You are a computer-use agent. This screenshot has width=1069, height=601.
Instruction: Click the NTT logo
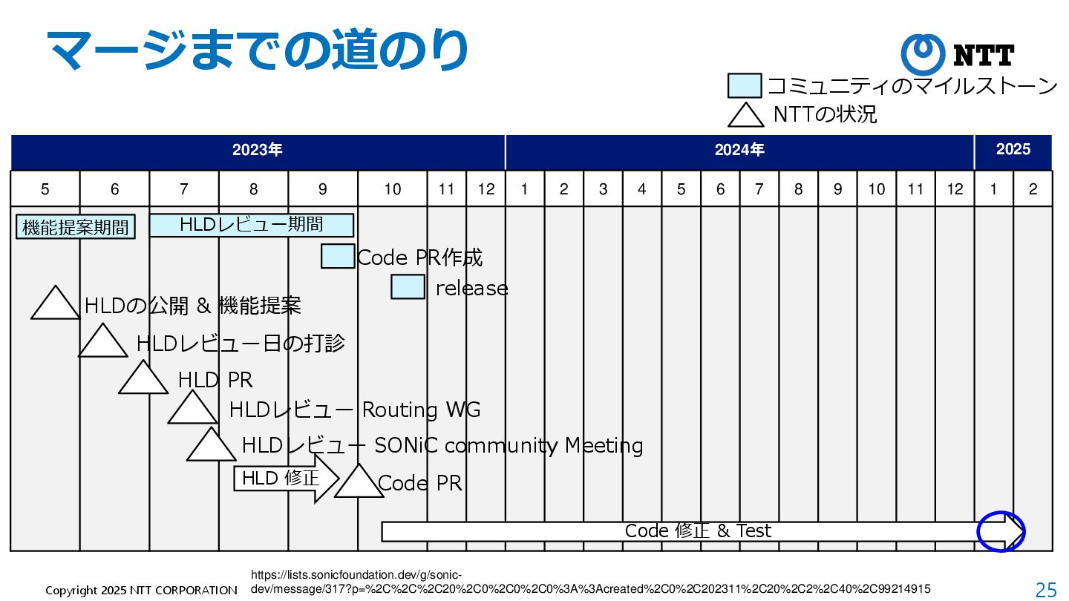958,55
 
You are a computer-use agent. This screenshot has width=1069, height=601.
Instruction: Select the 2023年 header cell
258,151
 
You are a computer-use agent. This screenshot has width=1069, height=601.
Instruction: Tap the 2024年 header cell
739,151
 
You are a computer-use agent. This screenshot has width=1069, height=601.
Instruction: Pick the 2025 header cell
1013,151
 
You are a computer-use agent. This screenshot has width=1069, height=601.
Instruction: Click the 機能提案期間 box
75,228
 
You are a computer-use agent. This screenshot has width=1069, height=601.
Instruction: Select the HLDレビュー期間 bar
251,224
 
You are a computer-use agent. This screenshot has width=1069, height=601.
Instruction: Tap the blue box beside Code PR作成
338,256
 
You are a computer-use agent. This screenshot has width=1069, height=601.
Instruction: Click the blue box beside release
408,286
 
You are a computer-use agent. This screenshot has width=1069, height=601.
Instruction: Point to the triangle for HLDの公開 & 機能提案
55,305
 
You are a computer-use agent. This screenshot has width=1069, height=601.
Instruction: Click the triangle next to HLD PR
143,380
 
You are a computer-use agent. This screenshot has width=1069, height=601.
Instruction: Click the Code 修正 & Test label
698,531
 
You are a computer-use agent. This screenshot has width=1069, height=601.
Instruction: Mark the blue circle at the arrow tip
1001,531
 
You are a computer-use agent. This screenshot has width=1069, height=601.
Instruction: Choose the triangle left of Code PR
359,484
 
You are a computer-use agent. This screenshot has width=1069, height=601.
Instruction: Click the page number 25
1046,590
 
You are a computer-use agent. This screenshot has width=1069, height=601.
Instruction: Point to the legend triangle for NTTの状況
746,116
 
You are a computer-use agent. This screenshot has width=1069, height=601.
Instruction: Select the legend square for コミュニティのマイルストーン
745,86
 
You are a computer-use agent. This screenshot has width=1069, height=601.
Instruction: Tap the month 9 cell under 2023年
322,189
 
